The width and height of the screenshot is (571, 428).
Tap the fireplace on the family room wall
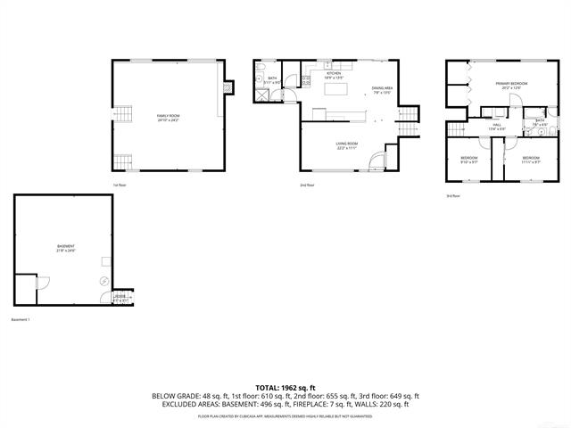point(228,87)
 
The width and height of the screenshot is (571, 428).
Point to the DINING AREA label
point(383,88)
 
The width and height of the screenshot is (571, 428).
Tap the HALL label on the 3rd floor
point(497,126)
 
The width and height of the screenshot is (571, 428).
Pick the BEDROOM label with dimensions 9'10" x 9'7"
point(469,159)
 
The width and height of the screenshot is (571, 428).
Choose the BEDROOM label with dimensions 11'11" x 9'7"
point(530,159)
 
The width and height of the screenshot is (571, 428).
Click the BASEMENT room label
point(66,248)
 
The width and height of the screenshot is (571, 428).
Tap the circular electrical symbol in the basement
point(103,281)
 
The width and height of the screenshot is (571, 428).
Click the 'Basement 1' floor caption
point(21,320)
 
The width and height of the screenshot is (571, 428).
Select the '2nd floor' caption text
point(307,185)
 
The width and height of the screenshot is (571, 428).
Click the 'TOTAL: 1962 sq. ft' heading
point(285,387)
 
